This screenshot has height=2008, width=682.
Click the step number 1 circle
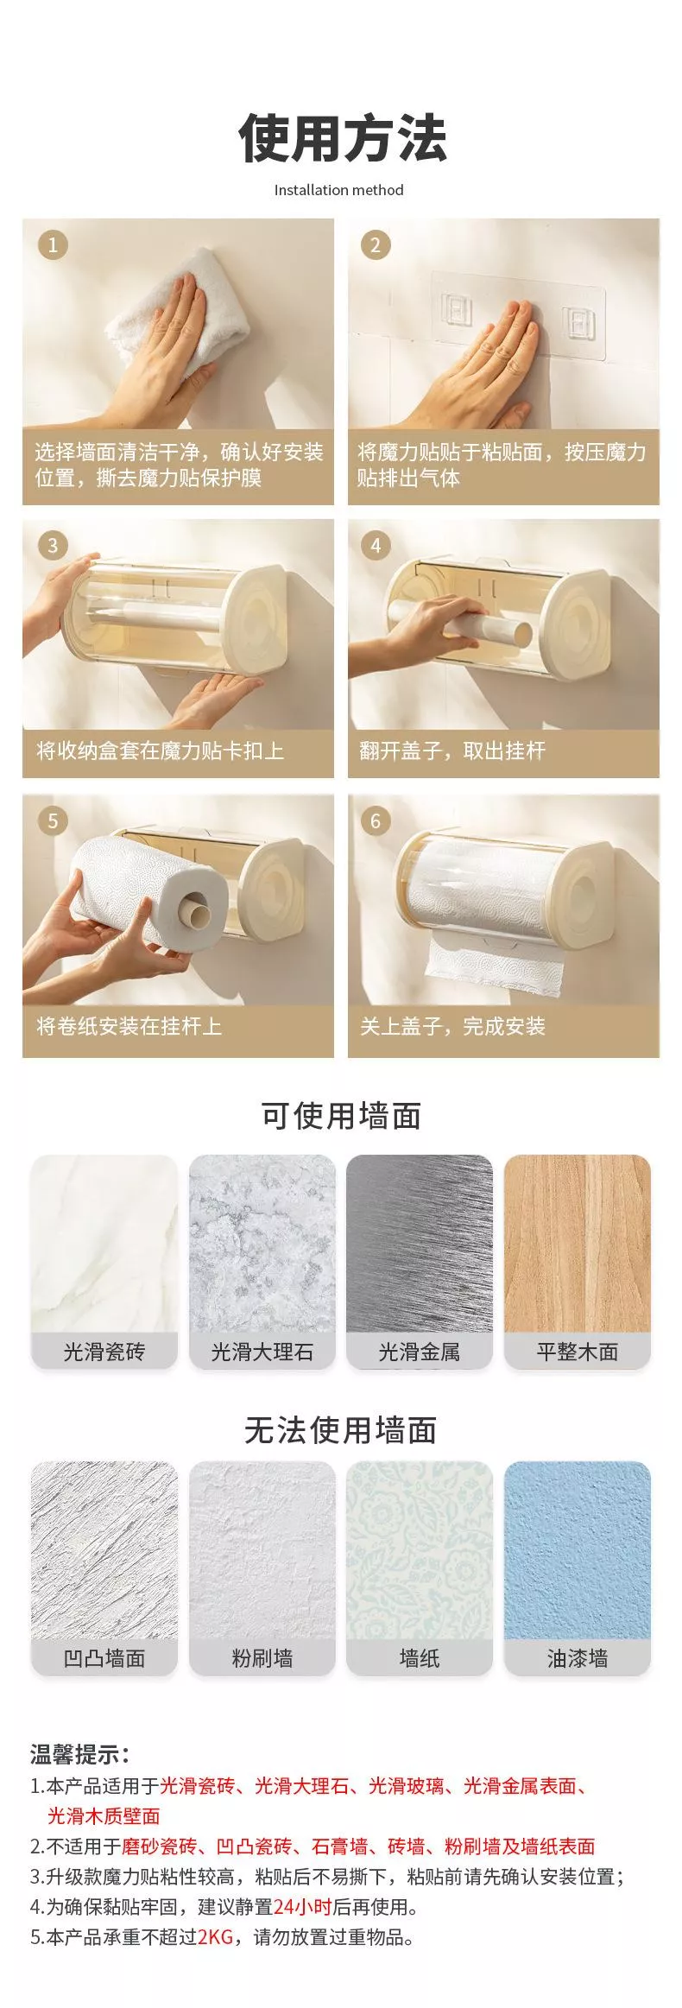coord(53,245)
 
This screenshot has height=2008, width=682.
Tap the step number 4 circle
coord(376,546)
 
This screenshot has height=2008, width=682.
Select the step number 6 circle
coord(376,820)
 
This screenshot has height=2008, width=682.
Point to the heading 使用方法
coord(342,138)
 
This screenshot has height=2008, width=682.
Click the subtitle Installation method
coord(338,190)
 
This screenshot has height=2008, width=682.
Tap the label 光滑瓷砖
coord(104,1352)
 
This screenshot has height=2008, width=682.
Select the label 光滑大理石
coord(262,1352)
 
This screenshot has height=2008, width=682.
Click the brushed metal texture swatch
coord(420,1244)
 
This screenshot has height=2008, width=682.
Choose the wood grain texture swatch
coord(578,1244)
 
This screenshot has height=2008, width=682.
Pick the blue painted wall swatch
coord(578,1550)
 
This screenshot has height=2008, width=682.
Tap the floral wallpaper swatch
coord(420,1550)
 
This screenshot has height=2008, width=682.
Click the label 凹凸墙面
coord(104,1658)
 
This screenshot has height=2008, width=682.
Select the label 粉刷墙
coord(262,1658)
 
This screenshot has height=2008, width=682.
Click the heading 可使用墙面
coord(341,1116)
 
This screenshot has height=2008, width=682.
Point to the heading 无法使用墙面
coord(341,1430)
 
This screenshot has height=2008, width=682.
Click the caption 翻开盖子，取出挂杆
coord(452,751)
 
